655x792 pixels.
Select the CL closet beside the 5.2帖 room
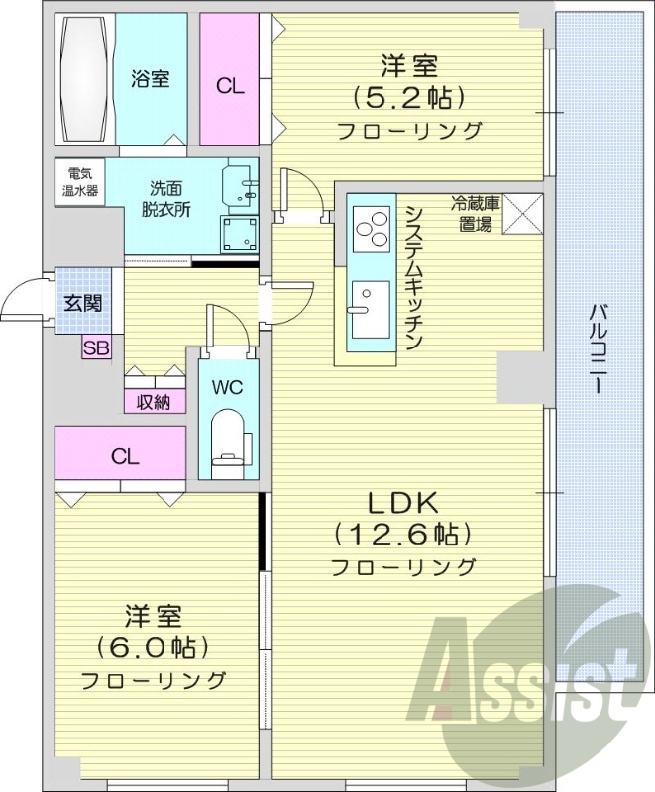tap(230, 85)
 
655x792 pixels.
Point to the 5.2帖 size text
tap(408, 98)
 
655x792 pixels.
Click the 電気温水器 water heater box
tap(76, 182)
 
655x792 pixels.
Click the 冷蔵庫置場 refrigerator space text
tap(475, 212)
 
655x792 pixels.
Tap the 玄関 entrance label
tap(83, 303)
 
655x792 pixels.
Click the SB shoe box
tap(96, 346)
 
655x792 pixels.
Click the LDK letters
tap(403, 500)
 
